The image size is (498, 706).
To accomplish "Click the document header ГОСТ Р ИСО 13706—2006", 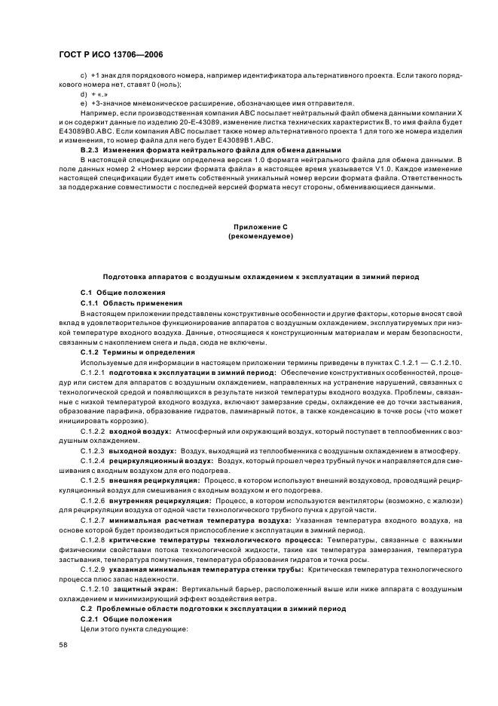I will pos(112,55).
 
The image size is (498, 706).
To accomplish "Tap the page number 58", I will pos(63,644).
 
